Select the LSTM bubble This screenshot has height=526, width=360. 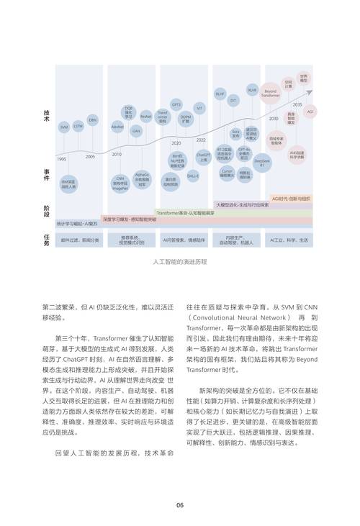click(78, 125)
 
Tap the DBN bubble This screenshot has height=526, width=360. click(93, 119)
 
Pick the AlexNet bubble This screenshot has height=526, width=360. click(117, 125)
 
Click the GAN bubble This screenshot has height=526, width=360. click(136, 131)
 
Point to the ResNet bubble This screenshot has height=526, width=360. click(146, 115)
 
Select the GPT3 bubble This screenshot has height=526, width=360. click(176, 103)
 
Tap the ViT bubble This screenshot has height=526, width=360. click(199, 108)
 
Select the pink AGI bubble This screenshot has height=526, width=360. click(310, 112)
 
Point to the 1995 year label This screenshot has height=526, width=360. click(62, 158)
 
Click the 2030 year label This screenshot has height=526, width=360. click(274, 118)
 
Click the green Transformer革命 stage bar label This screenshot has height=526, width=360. click(186, 213)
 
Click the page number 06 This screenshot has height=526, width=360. click(180, 504)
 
